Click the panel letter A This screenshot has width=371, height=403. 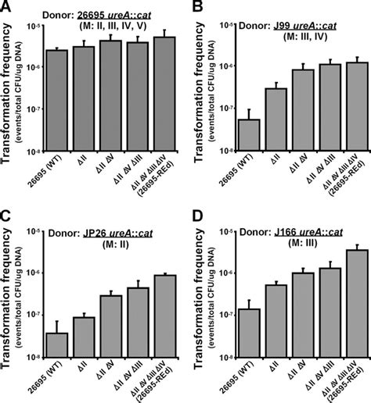[7, 7]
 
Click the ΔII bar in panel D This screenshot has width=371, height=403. [276, 320]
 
